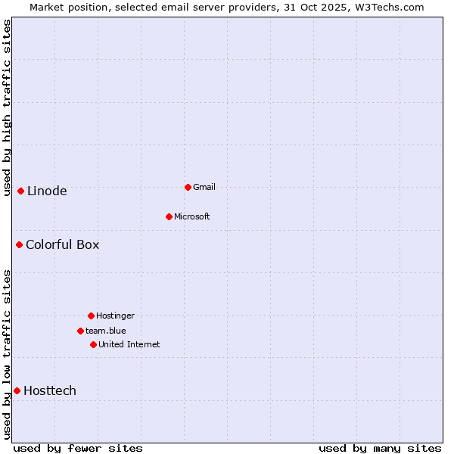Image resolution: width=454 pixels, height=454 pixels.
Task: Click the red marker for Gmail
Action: [x=188, y=187]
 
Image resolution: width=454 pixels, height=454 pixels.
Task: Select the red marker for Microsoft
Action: [x=169, y=216]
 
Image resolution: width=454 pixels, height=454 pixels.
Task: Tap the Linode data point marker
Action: [x=20, y=191]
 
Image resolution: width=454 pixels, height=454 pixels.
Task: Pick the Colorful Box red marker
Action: [x=19, y=244]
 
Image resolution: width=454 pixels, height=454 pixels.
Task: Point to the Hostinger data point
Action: [x=91, y=316]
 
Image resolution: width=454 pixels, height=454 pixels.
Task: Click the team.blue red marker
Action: [x=80, y=331]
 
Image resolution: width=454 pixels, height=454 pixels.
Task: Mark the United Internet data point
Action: [x=93, y=344]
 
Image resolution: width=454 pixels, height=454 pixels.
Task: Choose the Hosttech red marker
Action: [x=17, y=390]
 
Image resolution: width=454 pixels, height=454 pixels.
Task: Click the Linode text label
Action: [x=47, y=191]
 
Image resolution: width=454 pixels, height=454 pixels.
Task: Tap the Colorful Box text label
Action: [x=62, y=244]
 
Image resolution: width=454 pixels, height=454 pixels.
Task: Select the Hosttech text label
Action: [x=50, y=390]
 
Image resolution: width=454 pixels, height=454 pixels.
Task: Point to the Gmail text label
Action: [x=204, y=187]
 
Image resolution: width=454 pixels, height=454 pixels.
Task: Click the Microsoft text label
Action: [x=192, y=216]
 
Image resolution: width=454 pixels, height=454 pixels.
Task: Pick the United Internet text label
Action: [x=129, y=344]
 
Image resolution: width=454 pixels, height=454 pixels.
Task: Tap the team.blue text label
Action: [x=106, y=331]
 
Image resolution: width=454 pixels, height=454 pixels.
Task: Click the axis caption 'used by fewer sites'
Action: [x=78, y=448]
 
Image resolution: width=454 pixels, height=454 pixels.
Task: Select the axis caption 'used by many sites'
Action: [x=380, y=448]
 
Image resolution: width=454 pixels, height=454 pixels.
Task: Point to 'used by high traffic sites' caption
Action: [x=7, y=107]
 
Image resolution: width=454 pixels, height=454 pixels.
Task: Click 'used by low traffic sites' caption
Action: [x=7, y=353]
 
